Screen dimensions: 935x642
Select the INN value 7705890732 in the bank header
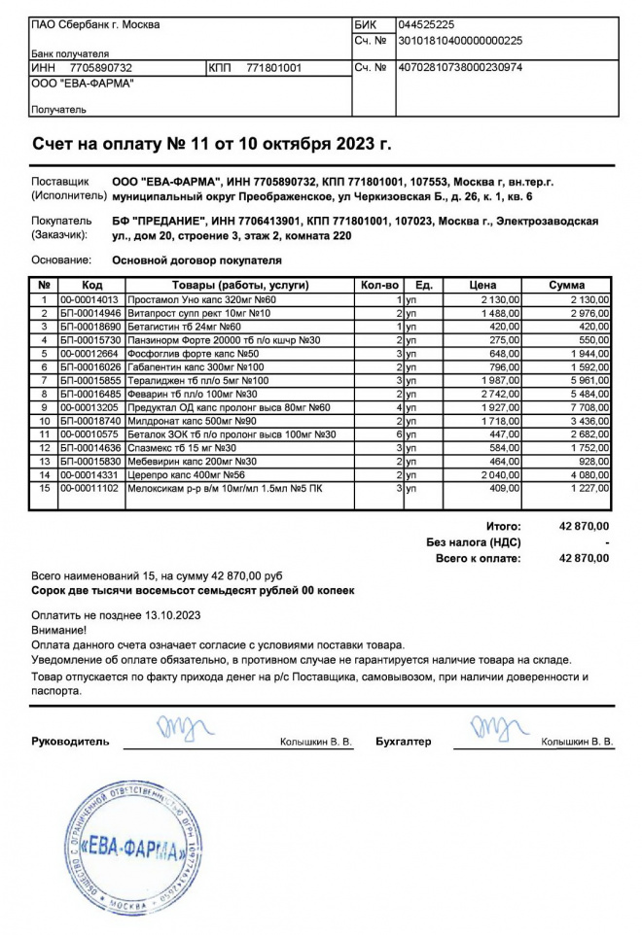tap(101, 68)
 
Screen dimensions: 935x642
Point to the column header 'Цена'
tap(482, 286)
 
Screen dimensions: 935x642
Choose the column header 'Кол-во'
tap(379, 286)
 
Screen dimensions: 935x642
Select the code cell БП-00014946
tap(90, 314)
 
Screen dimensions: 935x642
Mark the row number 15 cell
tap(44, 489)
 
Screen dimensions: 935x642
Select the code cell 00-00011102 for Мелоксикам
tap(89, 489)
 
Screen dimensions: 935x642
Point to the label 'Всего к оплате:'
tap(478, 559)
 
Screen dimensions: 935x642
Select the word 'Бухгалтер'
tap(403, 742)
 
